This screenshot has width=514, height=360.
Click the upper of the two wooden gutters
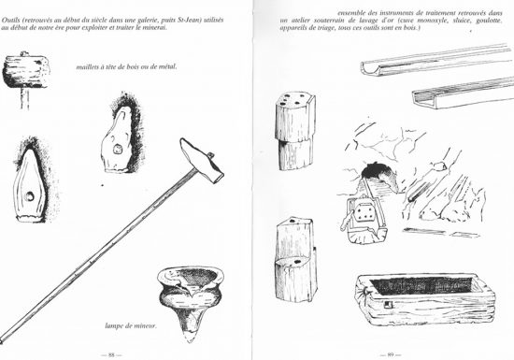click(435, 63)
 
